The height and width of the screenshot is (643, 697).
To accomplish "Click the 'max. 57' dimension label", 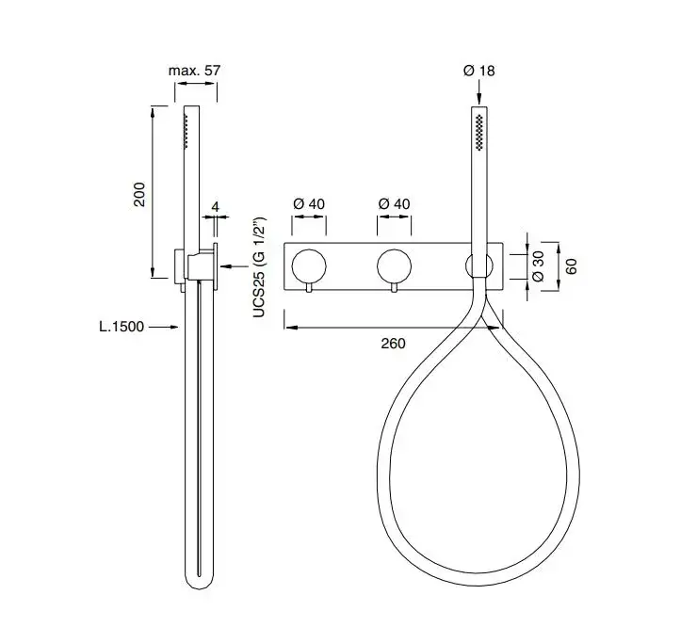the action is [x=194, y=71].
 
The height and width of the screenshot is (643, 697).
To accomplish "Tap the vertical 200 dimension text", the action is [x=139, y=194].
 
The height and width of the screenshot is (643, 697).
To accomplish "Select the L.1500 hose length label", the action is [x=122, y=327].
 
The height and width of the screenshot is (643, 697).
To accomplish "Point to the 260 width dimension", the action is [x=393, y=344].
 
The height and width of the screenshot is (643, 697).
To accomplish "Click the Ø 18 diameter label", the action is [x=478, y=71].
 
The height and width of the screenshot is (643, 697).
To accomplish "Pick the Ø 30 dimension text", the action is [x=538, y=265].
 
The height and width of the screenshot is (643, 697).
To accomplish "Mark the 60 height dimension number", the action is [x=571, y=266].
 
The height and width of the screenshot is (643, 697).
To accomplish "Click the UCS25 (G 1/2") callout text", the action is [x=259, y=267].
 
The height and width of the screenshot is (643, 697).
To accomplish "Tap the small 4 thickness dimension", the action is [x=215, y=206].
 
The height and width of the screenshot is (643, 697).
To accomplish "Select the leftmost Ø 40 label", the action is [x=309, y=204].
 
